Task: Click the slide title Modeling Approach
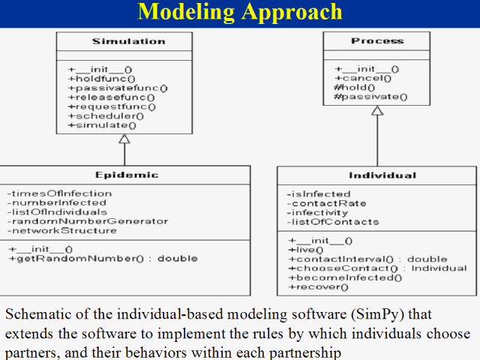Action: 240,13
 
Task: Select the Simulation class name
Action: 124,41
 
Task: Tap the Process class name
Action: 377,40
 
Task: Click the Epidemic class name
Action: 127,175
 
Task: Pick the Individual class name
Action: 382,175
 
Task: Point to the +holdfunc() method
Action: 101,78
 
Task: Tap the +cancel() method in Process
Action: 363,78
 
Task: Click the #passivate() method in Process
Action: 370,96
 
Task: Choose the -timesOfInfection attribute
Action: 59,193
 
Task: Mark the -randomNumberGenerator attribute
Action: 88,221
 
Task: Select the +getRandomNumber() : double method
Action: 103,258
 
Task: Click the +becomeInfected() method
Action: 345,277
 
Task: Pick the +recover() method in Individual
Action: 319,286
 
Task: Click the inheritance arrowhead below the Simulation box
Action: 124,139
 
